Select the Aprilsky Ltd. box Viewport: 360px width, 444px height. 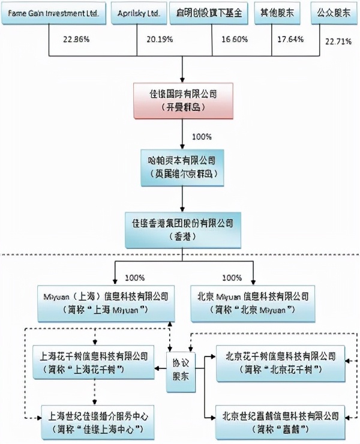tap(134, 13)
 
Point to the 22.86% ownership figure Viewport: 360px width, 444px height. tap(76, 40)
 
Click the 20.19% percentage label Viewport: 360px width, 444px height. tap(160, 40)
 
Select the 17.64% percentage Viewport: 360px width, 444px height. tap(291, 40)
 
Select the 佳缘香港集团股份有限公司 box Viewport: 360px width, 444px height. tap(182, 229)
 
